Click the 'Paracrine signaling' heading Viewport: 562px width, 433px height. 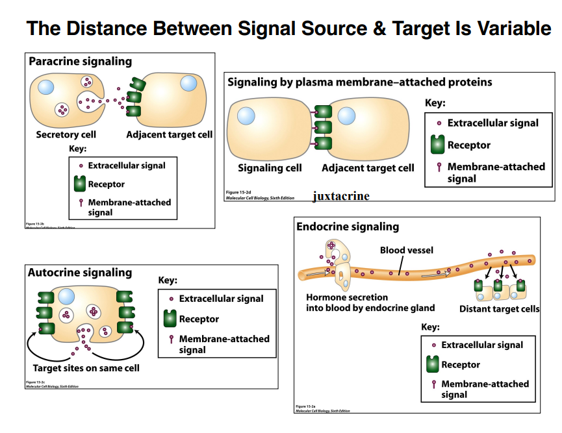click(x=80, y=62)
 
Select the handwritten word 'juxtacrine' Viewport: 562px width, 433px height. click(x=340, y=195)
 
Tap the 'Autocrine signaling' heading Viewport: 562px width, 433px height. click(x=79, y=273)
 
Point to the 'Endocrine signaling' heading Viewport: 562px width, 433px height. click(x=348, y=227)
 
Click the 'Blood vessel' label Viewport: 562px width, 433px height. click(x=406, y=250)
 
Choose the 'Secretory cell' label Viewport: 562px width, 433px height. click(x=66, y=134)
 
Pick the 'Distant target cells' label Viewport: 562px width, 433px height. click(x=499, y=309)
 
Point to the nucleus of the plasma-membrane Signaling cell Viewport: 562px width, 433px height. click(x=246, y=116)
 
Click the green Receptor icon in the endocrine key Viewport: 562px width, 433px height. click(x=433, y=364)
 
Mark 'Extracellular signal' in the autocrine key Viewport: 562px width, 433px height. click(x=221, y=299)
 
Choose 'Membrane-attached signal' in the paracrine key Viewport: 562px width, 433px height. click(x=129, y=207)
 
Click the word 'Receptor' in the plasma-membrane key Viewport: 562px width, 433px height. click(x=468, y=145)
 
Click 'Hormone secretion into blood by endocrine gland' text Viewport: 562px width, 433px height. click(x=370, y=303)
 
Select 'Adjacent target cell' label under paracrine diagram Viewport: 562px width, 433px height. click(x=169, y=134)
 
